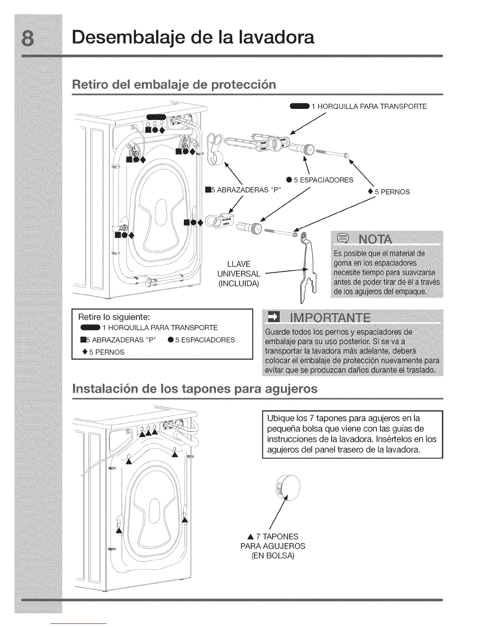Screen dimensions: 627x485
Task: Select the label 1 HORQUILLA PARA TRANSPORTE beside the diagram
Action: pos(369,106)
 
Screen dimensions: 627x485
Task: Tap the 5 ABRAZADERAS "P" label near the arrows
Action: pos(242,189)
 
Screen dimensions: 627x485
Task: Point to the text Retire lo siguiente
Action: pos(114,317)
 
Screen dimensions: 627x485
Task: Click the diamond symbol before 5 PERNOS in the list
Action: pos(85,351)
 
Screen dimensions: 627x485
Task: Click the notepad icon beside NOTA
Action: pos(341,239)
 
